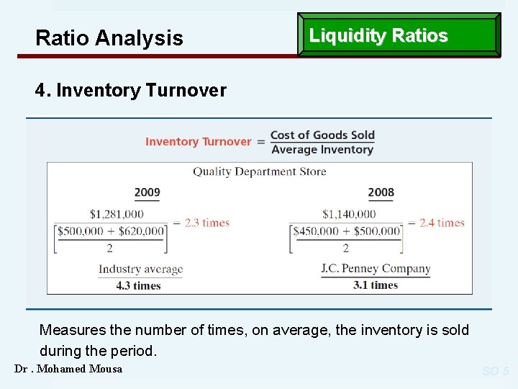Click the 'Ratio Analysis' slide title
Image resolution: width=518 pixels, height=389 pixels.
click(109, 38)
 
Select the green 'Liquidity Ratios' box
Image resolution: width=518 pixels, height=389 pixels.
click(399, 35)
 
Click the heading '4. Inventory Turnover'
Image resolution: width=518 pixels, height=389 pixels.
click(131, 91)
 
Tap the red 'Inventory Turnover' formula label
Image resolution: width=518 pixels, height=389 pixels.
click(198, 142)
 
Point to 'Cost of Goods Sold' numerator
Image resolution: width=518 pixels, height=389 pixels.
click(322, 135)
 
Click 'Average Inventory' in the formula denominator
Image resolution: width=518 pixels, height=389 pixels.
click(322, 150)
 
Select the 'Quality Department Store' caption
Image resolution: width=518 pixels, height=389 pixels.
click(259, 171)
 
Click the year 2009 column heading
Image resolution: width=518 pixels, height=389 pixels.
click(147, 192)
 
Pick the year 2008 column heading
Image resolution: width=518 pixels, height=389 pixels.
click(381, 192)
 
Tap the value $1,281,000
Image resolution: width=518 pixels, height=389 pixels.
click(117, 214)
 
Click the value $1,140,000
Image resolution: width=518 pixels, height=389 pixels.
click(349, 214)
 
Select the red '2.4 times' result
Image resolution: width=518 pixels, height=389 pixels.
click(442, 223)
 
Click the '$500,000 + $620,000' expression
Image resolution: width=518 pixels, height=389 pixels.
click(111, 231)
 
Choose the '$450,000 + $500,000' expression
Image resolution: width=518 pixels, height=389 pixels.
click(346, 231)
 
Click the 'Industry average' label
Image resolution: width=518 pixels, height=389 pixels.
click(141, 269)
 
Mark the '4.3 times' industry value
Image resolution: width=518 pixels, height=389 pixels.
click(138, 285)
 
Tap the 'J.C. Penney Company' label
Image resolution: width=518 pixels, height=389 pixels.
click(376, 269)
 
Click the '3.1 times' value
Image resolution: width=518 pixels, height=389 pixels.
click(376, 285)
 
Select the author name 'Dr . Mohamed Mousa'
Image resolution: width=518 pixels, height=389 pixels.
click(68, 369)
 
